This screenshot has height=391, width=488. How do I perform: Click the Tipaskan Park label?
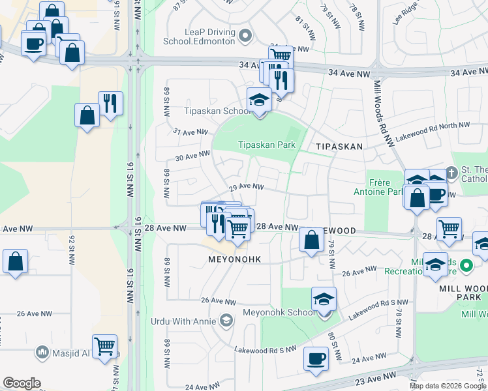[x=266, y=145]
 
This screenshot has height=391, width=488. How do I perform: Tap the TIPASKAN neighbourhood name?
[x=339, y=147]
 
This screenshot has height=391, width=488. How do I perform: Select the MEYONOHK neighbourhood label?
[x=234, y=259]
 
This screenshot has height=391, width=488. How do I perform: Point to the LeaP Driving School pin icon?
[x=245, y=35]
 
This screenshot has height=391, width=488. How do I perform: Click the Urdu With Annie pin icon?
[x=226, y=319]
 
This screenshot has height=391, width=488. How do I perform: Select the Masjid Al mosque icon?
[x=42, y=352]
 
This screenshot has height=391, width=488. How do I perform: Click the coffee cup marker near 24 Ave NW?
[x=316, y=359]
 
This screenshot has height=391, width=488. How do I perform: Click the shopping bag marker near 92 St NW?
[x=15, y=262]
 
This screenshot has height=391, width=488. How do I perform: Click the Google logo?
[x=22, y=383]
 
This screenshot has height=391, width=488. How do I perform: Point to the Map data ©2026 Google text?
[x=448, y=386]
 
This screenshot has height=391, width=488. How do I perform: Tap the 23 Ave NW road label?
[x=374, y=377]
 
